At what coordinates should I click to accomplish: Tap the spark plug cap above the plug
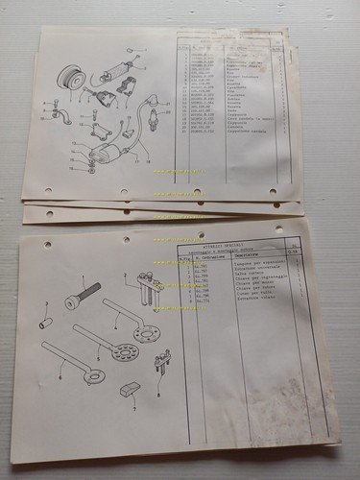tap(153, 99)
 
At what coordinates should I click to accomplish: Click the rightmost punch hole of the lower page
tap(279, 230)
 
